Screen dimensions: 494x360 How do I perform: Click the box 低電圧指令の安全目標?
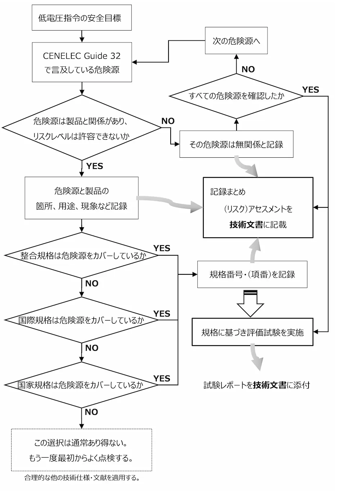82,18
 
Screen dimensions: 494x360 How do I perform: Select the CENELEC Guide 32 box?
82,62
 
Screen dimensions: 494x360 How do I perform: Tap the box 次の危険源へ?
236,41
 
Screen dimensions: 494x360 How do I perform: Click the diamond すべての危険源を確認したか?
236,96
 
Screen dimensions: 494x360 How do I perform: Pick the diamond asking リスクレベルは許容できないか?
82,127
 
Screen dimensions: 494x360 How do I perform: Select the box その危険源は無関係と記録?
236,144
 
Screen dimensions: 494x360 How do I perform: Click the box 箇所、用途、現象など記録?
82,198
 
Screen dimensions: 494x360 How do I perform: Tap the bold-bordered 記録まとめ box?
258,208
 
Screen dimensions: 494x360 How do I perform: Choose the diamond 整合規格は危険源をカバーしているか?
82,256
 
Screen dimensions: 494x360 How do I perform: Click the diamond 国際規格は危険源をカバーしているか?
82,320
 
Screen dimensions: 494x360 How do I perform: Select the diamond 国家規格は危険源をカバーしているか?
82,385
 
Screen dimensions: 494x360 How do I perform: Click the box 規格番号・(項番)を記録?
252,274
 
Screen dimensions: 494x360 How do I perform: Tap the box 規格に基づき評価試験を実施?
252,332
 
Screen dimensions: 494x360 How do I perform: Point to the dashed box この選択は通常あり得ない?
81,450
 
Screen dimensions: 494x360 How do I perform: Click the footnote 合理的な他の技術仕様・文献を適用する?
82,478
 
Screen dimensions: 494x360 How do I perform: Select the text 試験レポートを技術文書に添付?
256,385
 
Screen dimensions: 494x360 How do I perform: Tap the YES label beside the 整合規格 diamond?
162,248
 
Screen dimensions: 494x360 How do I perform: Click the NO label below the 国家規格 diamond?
91,412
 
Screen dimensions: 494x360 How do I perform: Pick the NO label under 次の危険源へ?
248,69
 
